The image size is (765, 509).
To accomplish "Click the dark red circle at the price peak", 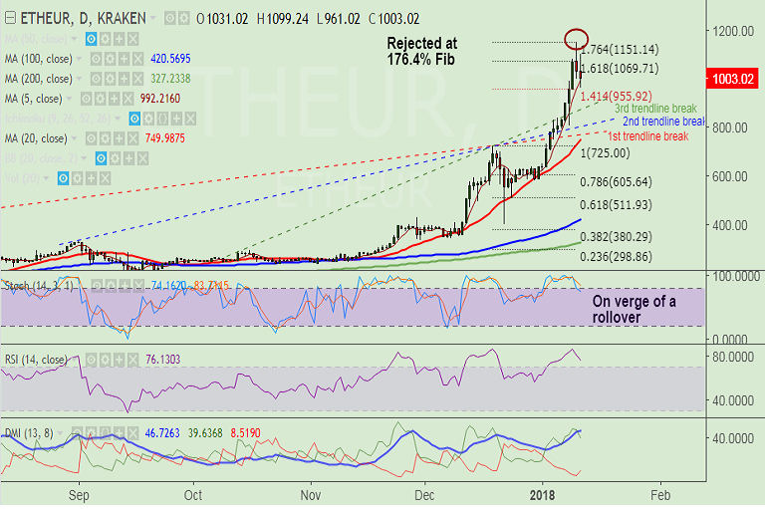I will (575, 40).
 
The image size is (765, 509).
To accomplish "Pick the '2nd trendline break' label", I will (664, 122).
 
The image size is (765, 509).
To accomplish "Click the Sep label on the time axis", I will (80, 495).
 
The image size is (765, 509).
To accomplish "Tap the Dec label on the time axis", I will (425, 495).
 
